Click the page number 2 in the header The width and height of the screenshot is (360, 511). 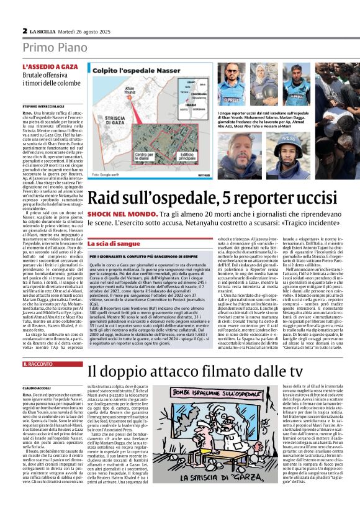click(24, 30)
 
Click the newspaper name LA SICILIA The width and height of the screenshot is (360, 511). click(42, 30)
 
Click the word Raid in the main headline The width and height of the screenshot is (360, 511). click(107, 199)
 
